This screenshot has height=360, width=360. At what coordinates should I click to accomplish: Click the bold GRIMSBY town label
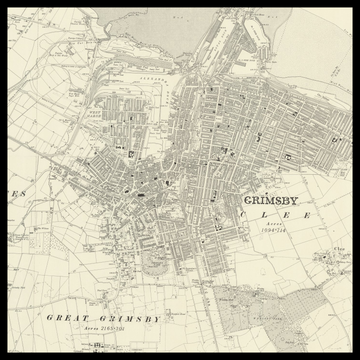click(x=276, y=200)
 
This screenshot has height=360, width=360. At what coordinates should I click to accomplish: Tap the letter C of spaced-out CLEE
click(x=248, y=215)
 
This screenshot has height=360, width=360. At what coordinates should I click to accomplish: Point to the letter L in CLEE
click(x=267, y=215)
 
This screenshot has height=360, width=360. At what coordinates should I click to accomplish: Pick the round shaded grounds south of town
click(x=154, y=263)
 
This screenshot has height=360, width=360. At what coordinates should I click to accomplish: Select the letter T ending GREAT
click(x=81, y=318)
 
